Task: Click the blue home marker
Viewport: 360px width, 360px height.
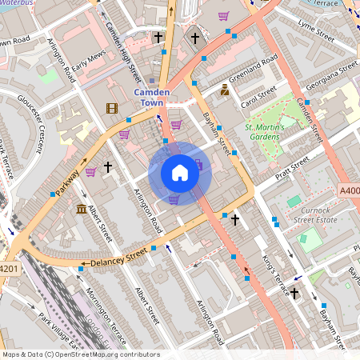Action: tap(180, 173)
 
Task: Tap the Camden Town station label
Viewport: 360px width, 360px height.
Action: tap(157, 98)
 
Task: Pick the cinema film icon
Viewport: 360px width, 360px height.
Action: tap(111, 108)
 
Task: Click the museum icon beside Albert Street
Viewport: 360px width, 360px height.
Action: tap(81, 210)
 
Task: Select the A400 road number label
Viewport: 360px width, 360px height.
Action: tap(349, 191)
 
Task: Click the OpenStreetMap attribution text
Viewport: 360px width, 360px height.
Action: tap(80, 354)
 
